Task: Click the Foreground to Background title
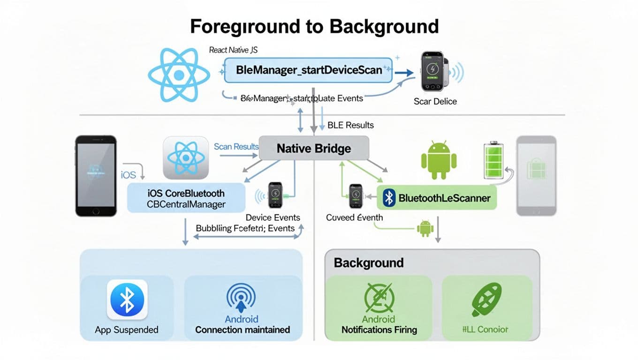(314, 26)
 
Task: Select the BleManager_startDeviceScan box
(308, 70)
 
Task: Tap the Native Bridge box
(314, 149)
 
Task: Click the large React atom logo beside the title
(179, 75)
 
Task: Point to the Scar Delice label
(435, 101)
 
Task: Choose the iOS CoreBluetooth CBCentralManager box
(186, 198)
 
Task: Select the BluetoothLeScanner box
(437, 198)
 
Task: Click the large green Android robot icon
(439, 160)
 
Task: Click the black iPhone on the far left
(96, 176)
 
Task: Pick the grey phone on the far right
(536, 176)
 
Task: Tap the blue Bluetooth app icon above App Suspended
(127, 300)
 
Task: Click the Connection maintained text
(243, 330)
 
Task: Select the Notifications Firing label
(379, 330)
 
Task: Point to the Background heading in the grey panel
(369, 262)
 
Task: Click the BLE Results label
(350, 125)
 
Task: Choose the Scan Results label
(236, 147)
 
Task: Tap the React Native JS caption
(233, 50)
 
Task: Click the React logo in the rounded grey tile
(185, 158)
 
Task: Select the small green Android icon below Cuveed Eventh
(425, 228)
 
